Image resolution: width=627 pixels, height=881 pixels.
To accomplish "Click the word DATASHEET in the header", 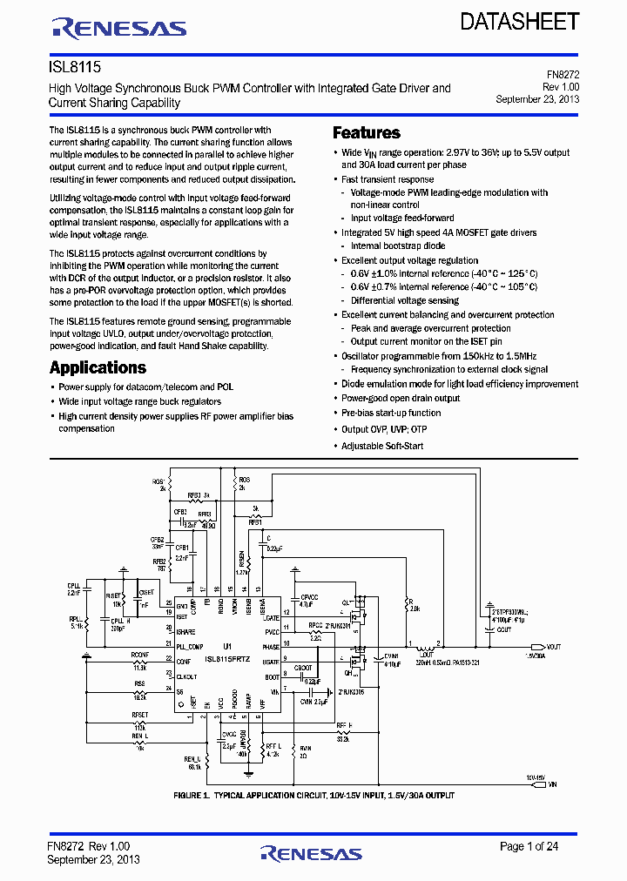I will pyautogui.click(x=520, y=22).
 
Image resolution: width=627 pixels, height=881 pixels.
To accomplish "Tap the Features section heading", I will pyautogui.click(x=367, y=133).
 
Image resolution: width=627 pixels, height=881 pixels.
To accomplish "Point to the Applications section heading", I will pyautogui.click(x=98, y=367).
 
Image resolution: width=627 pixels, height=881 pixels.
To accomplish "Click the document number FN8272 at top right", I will pyautogui.click(x=561, y=76).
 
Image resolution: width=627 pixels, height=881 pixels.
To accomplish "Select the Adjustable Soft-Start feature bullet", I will pyautogui.click(x=382, y=446).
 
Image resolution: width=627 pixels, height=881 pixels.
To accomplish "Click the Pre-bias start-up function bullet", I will pyautogui.click(x=391, y=413).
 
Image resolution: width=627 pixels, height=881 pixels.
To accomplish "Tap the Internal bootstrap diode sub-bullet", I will pyautogui.click(x=400, y=246).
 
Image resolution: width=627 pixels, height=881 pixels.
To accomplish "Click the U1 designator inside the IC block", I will pyautogui.click(x=226, y=646).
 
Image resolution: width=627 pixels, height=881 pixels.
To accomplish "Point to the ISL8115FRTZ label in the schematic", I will pyautogui.click(x=227, y=660).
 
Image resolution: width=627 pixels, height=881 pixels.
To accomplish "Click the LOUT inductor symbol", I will pyautogui.click(x=426, y=648).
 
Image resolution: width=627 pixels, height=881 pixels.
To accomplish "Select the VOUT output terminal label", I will pyautogui.click(x=554, y=647).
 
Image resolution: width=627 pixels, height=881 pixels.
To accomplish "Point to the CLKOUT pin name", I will pyautogui.click(x=187, y=676).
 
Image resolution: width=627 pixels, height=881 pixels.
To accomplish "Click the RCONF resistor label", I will pyautogui.click(x=140, y=654).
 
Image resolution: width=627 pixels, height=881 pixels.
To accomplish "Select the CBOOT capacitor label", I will pyautogui.click(x=303, y=668).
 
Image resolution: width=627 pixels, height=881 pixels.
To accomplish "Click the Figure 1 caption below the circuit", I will pyautogui.click(x=313, y=795).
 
